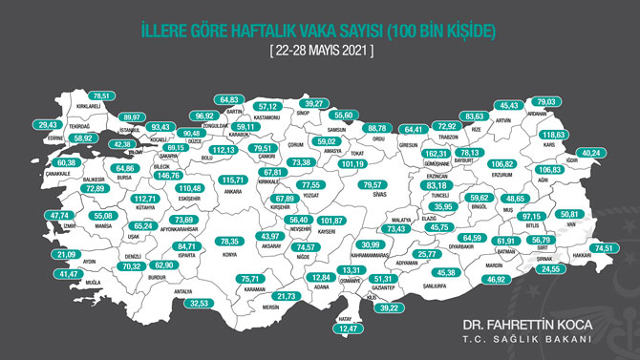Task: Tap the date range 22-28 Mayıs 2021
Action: pos(321,47)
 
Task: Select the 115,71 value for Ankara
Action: pos(233,180)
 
